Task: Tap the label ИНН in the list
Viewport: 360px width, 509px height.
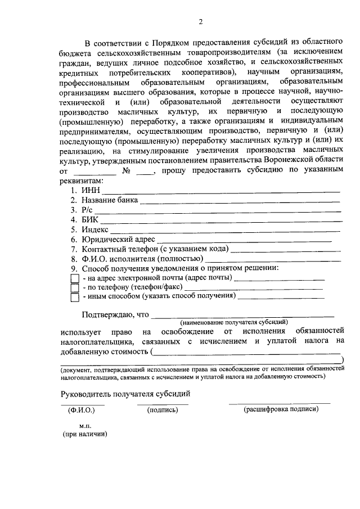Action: pyautogui.click(x=91, y=191)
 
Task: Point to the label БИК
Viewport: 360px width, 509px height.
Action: pyautogui.click(x=90, y=220)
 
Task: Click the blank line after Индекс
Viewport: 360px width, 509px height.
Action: pyautogui.click(x=224, y=230)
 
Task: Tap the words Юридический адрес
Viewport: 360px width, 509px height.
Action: pyautogui.click(x=118, y=240)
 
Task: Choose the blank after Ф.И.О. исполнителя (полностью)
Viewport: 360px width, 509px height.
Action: pyautogui.click(x=272, y=259)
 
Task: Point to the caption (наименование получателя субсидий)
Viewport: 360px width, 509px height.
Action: pyautogui.click(x=234, y=323)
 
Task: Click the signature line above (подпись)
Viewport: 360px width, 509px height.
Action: pyautogui.click(x=163, y=403)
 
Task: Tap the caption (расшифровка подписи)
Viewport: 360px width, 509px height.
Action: pyautogui.click(x=281, y=409)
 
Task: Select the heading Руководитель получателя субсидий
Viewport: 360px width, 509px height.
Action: pyautogui.click(x=126, y=394)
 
